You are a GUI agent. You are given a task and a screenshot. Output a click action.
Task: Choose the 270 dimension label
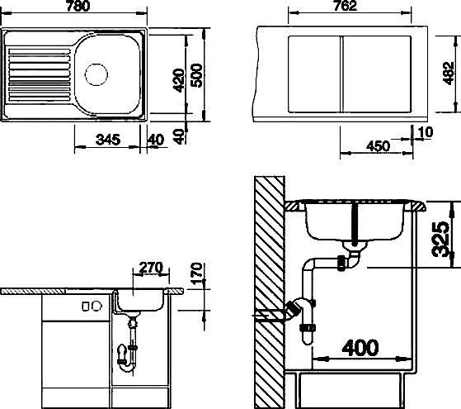pos(150,268)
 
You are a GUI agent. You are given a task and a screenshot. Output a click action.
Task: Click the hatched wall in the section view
pos(267,289)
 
